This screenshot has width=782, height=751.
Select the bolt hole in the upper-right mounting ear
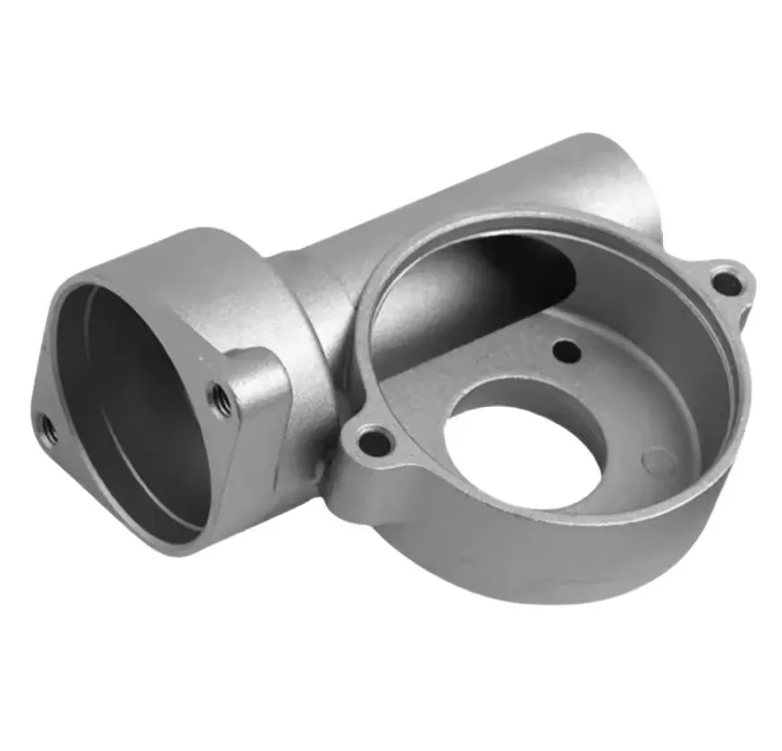click(x=726, y=284)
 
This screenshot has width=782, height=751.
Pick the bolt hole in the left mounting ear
click(x=374, y=442)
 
